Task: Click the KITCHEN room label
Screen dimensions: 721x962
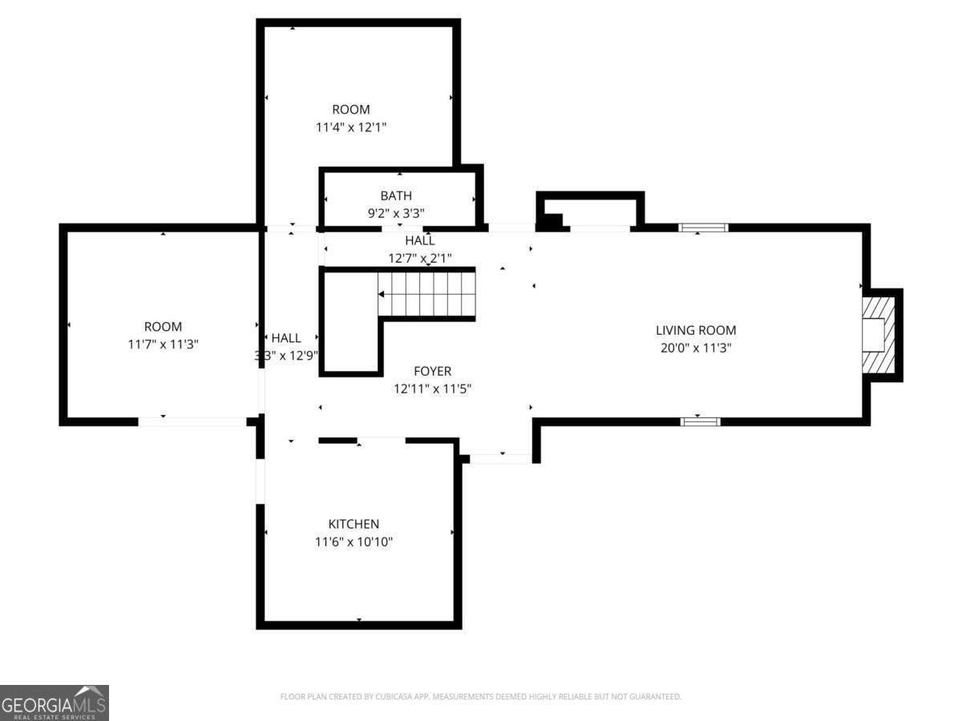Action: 354,524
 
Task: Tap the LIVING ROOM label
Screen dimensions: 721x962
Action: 695,330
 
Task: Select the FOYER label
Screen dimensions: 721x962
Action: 432,371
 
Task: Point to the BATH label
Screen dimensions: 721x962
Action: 396,195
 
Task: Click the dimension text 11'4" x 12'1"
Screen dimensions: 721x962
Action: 351,127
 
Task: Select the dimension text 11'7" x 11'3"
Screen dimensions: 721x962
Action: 163,344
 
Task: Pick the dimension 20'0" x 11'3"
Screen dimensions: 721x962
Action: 695,348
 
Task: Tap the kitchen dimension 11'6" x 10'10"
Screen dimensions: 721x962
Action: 354,542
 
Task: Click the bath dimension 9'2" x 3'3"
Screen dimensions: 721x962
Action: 396,213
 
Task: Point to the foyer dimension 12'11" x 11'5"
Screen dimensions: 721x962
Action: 432,389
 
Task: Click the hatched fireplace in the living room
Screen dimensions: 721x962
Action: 877,335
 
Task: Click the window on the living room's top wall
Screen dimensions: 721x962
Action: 703,228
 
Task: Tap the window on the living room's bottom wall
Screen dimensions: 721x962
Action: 700,421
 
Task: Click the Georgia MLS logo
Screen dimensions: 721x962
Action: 54,703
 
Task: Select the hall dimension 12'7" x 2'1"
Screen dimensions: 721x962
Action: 419,258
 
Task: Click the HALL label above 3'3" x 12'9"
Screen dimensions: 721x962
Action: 286,338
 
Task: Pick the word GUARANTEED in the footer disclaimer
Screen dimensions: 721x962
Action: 654,697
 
